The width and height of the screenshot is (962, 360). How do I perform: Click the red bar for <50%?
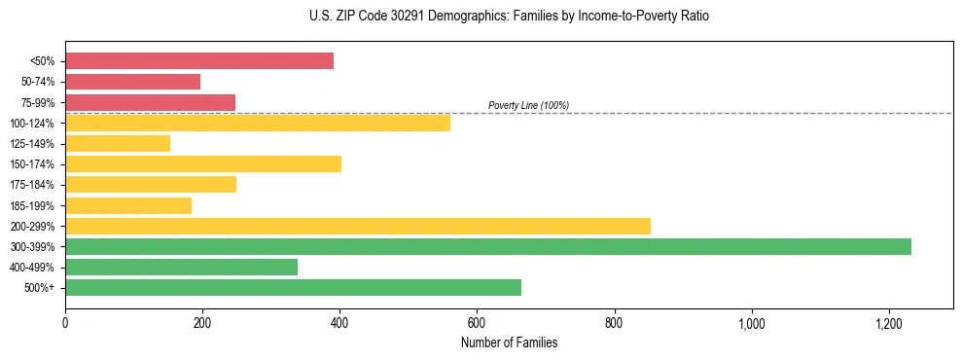tap(199, 61)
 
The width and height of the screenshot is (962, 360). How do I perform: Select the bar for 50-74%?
tap(132, 82)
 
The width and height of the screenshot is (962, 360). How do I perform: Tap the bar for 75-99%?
tap(150, 102)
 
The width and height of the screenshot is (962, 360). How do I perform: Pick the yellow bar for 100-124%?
tap(258, 123)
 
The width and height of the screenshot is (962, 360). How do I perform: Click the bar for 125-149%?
tap(118, 144)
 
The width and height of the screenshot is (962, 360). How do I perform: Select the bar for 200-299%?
tap(358, 226)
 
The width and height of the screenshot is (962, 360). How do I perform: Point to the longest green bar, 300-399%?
tap(488, 246)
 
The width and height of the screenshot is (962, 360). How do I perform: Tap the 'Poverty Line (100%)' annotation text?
tap(528, 105)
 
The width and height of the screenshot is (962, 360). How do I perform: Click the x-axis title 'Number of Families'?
tap(509, 342)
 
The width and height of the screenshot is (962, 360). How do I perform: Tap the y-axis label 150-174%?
tap(32, 164)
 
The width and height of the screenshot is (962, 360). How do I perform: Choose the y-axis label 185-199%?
tap(32, 205)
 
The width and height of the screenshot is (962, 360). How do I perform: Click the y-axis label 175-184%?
tap(32, 185)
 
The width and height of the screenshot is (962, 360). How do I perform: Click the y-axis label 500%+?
tap(39, 288)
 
